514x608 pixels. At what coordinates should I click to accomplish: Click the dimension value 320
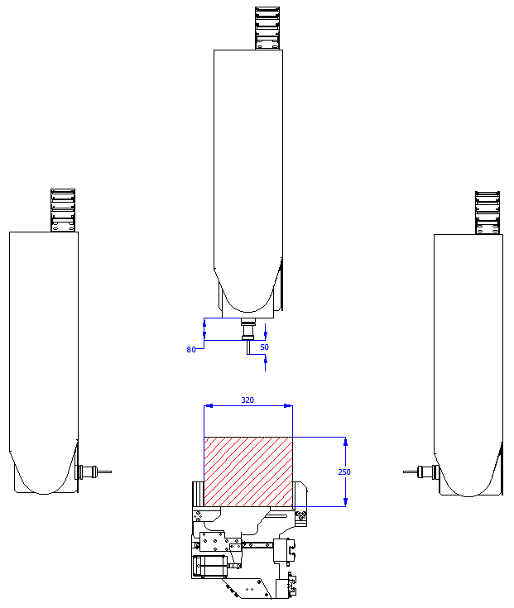tap(247, 400)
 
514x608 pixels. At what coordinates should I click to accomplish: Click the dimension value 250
tap(344, 472)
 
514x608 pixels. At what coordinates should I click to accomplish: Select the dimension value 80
tap(191, 350)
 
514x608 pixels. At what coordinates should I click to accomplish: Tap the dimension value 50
tap(264, 347)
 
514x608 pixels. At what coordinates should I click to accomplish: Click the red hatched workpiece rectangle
tap(248, 472)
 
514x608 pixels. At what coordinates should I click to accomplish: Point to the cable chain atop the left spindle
tap(63, 210)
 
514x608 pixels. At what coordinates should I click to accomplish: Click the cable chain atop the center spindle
tap(267, 28)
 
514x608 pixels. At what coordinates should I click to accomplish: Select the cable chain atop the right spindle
tap(488, 213)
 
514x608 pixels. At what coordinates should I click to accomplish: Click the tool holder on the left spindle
tap(87, 472)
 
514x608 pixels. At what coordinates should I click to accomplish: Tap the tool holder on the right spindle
tap(428, 472)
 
